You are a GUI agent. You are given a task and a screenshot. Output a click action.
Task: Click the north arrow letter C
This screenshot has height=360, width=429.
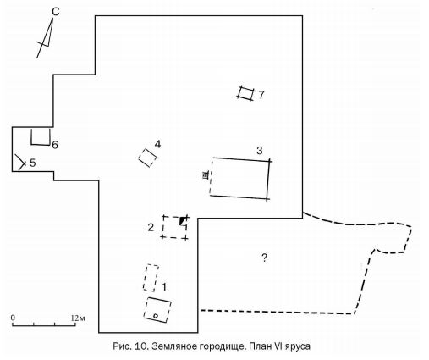56,12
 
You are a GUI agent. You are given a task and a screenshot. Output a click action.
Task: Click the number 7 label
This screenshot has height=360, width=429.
261,95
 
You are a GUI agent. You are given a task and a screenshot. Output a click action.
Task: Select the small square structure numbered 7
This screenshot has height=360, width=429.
245,93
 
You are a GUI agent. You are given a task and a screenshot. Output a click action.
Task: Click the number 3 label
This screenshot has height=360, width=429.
260,151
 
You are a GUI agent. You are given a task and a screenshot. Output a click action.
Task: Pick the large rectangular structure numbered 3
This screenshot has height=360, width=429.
240,179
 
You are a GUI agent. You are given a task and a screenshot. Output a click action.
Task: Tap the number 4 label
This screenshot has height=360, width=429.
157,144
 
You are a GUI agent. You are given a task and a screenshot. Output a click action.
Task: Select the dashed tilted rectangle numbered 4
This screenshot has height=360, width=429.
147,158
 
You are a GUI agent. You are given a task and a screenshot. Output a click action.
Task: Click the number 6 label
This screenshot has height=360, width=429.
55,145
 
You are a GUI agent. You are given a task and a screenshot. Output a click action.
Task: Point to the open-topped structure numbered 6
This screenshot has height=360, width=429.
41,145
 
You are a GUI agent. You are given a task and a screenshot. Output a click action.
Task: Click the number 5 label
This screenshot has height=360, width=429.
33,163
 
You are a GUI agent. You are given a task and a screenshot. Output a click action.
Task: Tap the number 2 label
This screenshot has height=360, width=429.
151,227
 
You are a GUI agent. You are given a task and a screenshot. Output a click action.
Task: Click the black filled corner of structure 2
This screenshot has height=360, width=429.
183,220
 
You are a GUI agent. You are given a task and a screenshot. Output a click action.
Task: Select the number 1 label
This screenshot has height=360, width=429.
164,287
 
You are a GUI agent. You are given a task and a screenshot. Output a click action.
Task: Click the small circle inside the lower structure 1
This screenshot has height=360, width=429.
155,316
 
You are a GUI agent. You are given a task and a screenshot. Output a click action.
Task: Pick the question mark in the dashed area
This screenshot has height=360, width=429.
264,258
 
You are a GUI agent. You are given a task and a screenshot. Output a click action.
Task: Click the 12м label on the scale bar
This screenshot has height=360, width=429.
78,318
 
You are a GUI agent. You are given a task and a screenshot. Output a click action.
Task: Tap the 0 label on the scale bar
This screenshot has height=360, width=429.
13,318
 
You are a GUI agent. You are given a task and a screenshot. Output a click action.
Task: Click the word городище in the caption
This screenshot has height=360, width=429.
223,346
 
